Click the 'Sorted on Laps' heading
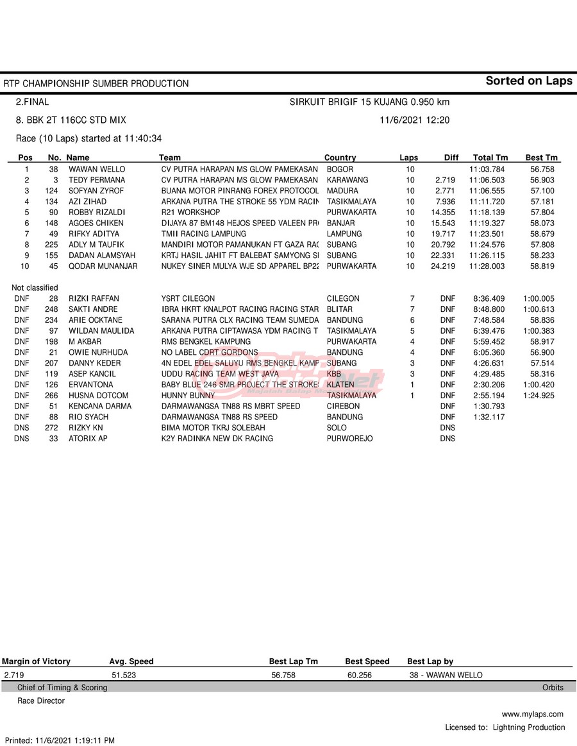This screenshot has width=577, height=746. click(528, 81)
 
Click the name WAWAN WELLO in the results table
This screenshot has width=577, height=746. click(97, 169)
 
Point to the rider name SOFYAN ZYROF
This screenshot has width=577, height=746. click(96, 191)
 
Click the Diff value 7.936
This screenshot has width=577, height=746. click(444, 202)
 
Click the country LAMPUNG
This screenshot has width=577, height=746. click(344, 234)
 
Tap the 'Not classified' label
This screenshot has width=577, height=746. click(35, 288)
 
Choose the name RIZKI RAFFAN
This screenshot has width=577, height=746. click(94, 298)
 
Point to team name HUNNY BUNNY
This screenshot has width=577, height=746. click(188, 396)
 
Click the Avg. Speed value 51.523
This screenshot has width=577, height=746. click(124, 675)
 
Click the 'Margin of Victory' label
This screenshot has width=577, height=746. click(36, 661)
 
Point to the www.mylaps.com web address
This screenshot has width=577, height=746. click(532, 714)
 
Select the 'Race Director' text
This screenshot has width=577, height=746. click(41, 701)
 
